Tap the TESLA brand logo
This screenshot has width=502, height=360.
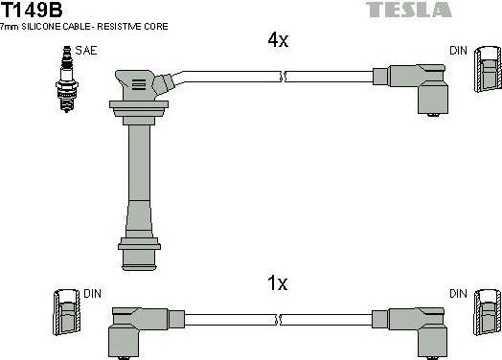click(409, 11)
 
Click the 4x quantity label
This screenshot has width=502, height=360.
click(277, 40)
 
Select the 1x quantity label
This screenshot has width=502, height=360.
click(277, 283)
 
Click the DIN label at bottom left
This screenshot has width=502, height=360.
click(93, 292)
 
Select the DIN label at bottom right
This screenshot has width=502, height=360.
click(459, 292)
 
